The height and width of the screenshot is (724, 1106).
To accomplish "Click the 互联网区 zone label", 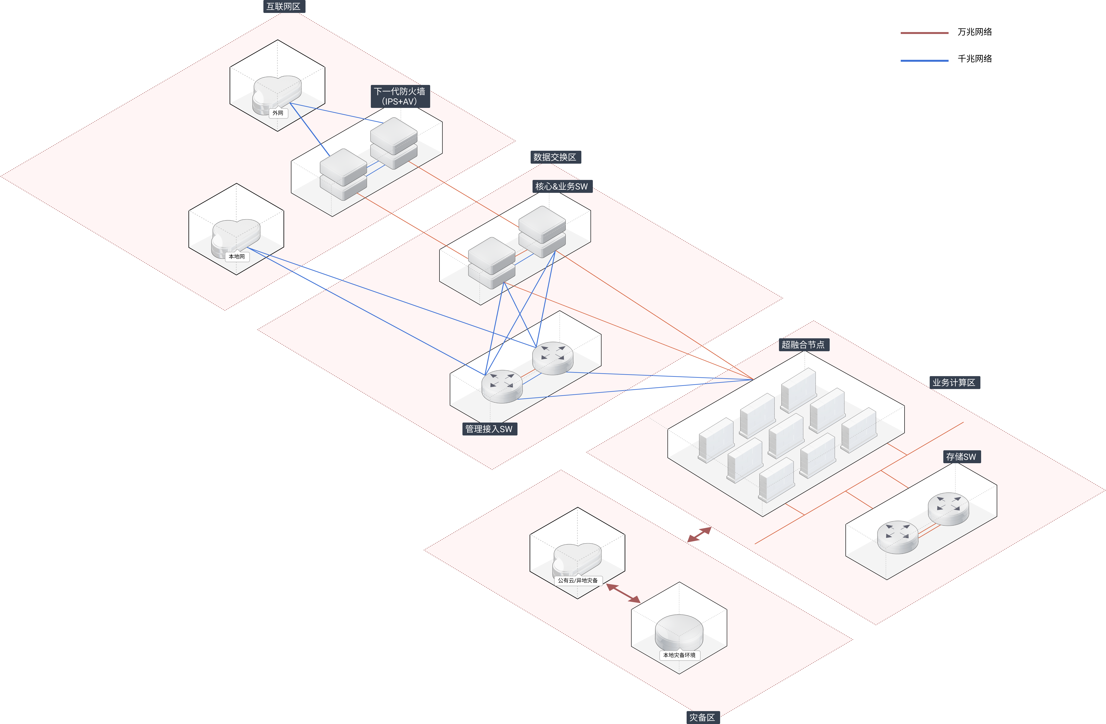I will [283, 6].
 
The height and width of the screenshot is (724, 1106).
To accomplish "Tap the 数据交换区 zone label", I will [555, 157].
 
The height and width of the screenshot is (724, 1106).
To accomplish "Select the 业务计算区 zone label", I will [954, 382].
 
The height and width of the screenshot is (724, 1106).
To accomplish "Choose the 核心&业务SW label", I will [561, 186].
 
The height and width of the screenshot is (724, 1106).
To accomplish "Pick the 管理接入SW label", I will [489, 429].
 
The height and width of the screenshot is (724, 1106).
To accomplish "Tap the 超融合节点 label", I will [803, 344].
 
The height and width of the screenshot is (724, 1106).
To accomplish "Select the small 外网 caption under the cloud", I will [278, 113].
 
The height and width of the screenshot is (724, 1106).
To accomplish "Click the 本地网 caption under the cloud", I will [237, 256].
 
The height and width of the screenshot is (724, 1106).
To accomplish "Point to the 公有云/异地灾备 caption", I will [578, 580].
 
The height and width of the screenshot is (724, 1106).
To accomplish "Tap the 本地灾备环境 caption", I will [679, 655].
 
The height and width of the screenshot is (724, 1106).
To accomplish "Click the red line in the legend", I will [924, 33].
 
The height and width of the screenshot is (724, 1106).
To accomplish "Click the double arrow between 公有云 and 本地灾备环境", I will [623, 593].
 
